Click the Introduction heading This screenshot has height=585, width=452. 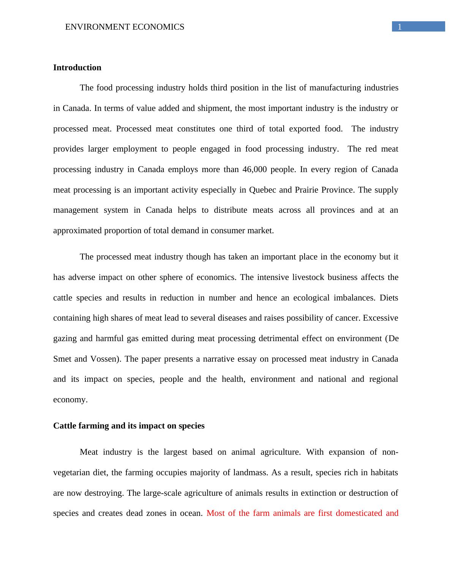(x=77, y=68)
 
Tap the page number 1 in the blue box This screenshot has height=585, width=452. (x=400, y=27)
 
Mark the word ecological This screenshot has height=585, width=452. (x=310, y=298)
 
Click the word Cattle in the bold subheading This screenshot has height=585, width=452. (x=65, y=426)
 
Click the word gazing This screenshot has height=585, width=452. (x=65, y=338)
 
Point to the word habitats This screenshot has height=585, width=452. (x=383, y=473)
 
